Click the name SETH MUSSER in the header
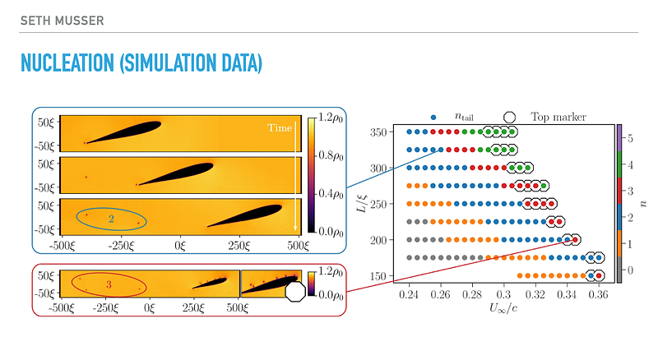[62, 19]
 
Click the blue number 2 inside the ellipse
[110, 218]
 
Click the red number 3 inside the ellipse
[108, 284]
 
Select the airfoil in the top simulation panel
[124, 132]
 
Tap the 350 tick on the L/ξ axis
[379, 132]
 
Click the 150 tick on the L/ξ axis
[379, 276]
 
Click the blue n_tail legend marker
[433, 118]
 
